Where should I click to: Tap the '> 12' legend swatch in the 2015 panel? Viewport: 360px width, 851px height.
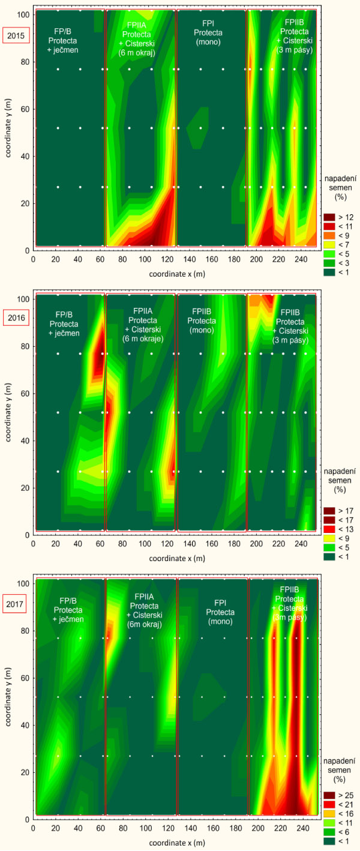328,217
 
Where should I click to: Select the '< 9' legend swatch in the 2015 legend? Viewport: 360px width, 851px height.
328,236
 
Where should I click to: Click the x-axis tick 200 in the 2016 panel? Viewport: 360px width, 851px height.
257,543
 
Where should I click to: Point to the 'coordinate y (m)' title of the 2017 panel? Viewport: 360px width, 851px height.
8,699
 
